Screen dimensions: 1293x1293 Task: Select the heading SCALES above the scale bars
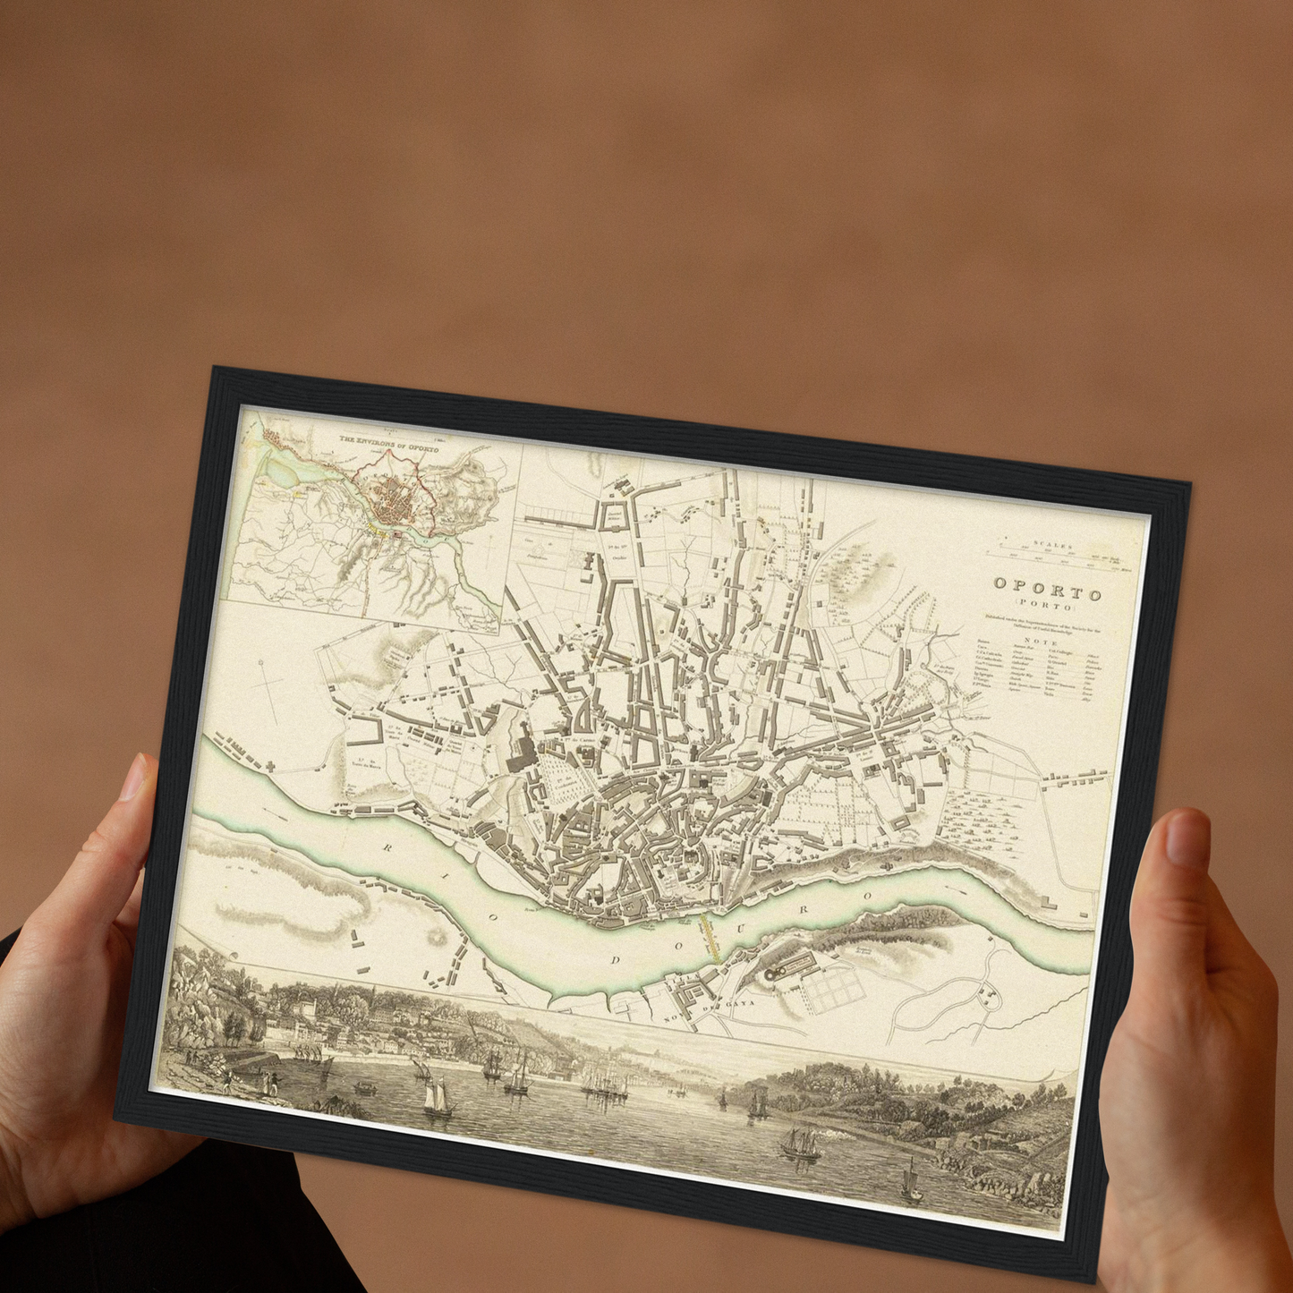(x=1052, y=544)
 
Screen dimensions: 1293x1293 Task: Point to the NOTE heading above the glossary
(x=1041, y=642)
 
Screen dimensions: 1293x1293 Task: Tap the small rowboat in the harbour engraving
(x=364, y=1088)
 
